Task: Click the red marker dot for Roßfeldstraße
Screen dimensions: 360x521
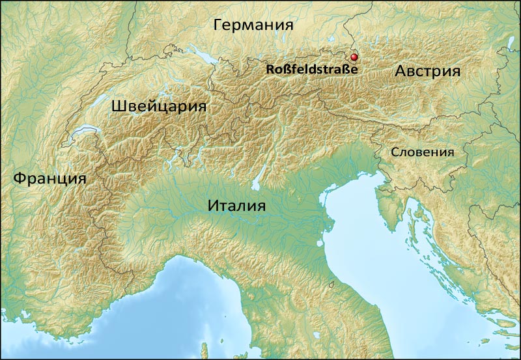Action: coord(354,57)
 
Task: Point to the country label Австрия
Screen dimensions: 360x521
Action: coord(428,72)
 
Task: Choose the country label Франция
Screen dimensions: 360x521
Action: coord(49,178)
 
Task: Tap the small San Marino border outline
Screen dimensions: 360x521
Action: coord(333,284)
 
